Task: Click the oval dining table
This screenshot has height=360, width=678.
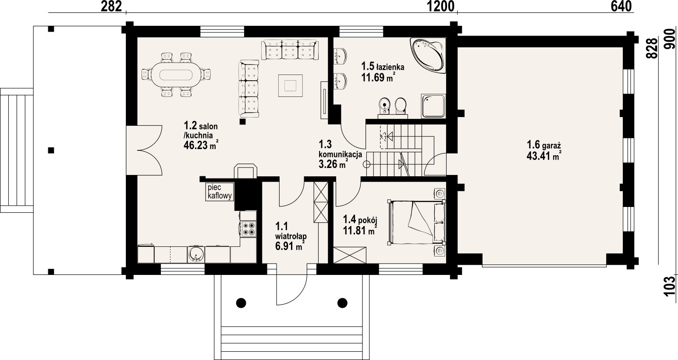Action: pos(176,75)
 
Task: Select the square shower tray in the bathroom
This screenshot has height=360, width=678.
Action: pos(433,106)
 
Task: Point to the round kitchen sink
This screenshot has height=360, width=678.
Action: pos(196,254)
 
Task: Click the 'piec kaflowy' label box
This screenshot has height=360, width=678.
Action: pos(220,192)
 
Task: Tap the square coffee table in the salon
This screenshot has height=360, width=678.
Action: pos(290,86)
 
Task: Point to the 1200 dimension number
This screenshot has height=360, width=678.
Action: pos(440,7)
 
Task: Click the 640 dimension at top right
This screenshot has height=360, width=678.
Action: pos(621,7)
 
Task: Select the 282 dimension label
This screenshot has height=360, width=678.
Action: pos(111,7)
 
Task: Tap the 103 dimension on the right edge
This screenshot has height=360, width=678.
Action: pos(671,285)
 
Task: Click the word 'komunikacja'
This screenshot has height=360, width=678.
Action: pos(341,154)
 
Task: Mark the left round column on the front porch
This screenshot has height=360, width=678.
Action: pos(241,303)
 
